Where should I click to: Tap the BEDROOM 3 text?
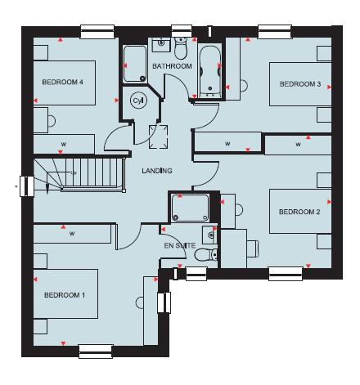point(299,83)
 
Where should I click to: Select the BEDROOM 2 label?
point(299,213)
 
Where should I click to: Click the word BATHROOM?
point(172,66)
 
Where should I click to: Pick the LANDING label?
point(156,171)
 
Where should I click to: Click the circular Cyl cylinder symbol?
point(138,100)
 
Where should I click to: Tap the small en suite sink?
point(210,236)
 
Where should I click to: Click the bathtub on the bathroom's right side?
point(209,69)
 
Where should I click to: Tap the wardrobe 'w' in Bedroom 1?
point(72,234)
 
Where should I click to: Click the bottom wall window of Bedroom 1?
point(96,351)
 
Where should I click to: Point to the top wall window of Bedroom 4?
point(97,34)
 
